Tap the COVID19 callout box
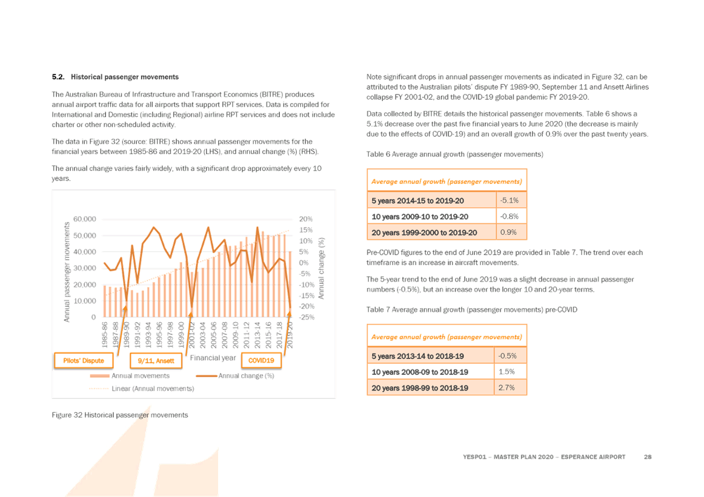coord(261,360)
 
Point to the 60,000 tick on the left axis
coord(85,219)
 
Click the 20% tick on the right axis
coord(305,219)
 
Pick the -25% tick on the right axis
coord(306,317)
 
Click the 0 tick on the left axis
coord(93,317)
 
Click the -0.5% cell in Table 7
coord(511,355)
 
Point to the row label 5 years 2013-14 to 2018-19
coord(417,355)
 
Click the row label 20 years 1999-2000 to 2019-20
coord(424,232)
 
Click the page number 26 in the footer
coord(647,456)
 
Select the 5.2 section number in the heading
coord(58,77)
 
